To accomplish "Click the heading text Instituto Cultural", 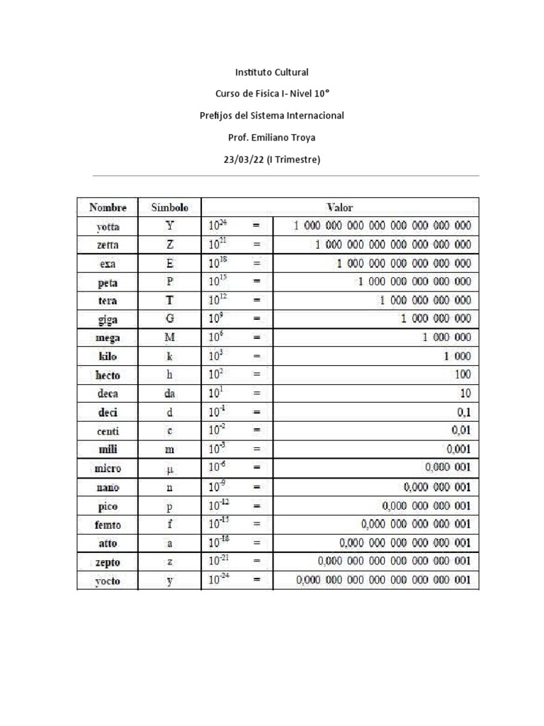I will pyautogui.click(x=272, y=72).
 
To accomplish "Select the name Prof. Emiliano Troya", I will pyautogui.click(x=272, y=138).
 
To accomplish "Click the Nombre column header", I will pyautogui.click(x=108, y=208).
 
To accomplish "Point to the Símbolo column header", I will pyautogui.click(x=170, y=208).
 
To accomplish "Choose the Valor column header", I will pyautogui.click(x=339, y=208).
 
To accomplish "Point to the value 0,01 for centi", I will pyautogui.click(x=460, y=430).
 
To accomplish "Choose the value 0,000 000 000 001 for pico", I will pyautogui.click(x=426, y=506).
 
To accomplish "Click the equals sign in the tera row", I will pyautogui.click(x=258, y=301).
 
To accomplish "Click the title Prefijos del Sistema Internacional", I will pyautogui.click(x=272, y=116).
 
